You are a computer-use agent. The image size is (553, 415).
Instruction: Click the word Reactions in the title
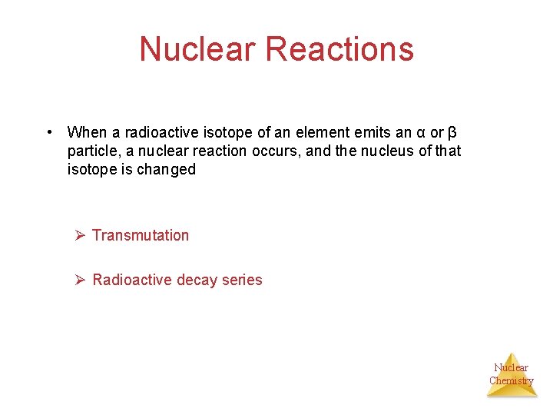click(339, 49)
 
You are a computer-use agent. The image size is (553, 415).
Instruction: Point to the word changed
click(166, 170)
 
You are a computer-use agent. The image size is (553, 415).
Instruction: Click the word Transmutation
click(141, 235)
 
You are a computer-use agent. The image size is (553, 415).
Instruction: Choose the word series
click(242, 280)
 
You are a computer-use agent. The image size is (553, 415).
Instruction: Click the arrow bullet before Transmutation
click(79, 235)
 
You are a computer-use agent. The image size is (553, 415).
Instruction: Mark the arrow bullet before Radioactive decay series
click(79, 280)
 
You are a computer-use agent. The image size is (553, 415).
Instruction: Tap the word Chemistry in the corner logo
click(512, 380)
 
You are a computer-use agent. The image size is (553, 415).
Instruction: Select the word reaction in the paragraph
click(221, 151)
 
